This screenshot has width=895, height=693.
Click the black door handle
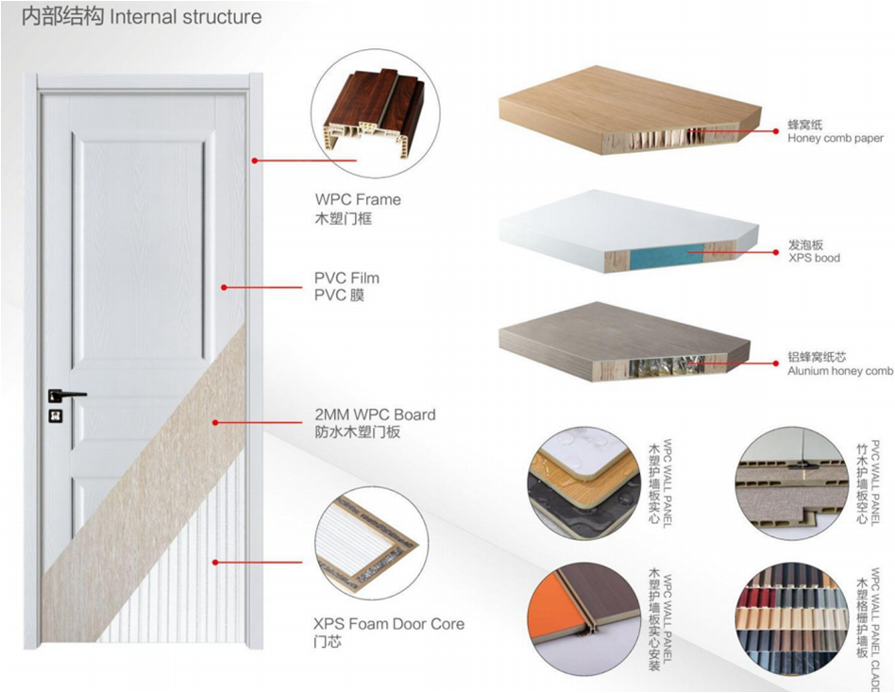tap(65, 394)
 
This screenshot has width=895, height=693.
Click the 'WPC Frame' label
tap(358, 199)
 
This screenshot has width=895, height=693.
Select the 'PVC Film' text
tap(346, 279)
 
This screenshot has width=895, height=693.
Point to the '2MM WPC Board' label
tap(375, 414)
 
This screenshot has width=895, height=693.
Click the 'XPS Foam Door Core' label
tap(389, 624)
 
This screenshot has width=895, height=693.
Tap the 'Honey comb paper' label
tap(836, 138)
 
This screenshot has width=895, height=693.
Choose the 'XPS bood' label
tap(814, 258)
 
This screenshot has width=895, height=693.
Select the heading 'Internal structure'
tap(186, 17)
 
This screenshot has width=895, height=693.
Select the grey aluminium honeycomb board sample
tap(623, 340)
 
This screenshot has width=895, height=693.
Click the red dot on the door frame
tap(255, 161)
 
